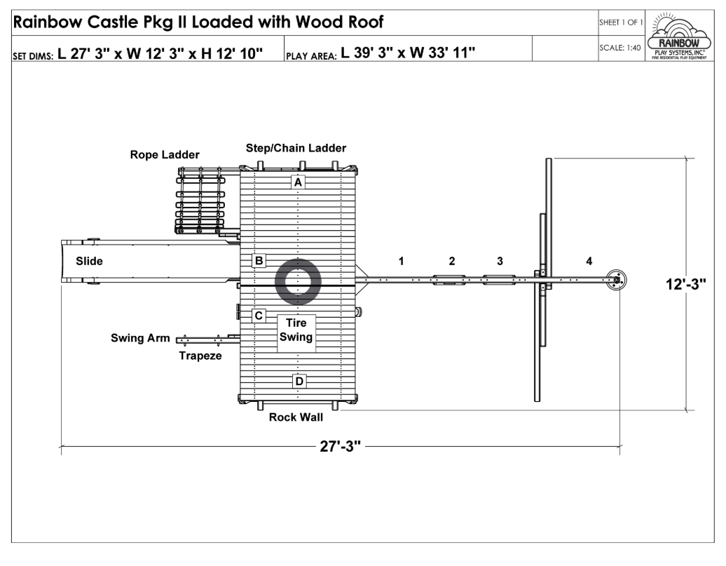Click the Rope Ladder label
tap(165, 155)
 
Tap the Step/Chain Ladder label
tap(296, 148)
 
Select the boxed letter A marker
tap(298, 182)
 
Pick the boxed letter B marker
tap(259, 260)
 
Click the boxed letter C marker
tap(259, 316)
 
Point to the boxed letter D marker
tap(299, 382)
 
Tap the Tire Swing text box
tap(296, 333)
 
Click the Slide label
tap(90, 261)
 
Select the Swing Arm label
tap(140, 338)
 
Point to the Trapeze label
tap(200, 356)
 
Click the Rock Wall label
tap(296, 417)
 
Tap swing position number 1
tap(401, 261)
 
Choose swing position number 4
tap(589, 261)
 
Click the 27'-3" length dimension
tap(341, 446)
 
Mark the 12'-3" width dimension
tap(686, 283)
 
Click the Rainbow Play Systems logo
tap(679, 36)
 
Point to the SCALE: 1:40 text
tap(620, 48)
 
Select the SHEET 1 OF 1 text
tap(621, 22)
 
